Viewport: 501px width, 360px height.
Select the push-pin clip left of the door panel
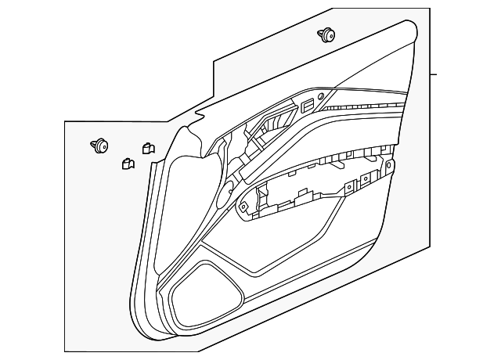[100, 145]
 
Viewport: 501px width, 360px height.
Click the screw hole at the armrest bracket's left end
[243, 207]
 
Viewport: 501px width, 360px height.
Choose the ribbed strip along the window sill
[368, 106]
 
